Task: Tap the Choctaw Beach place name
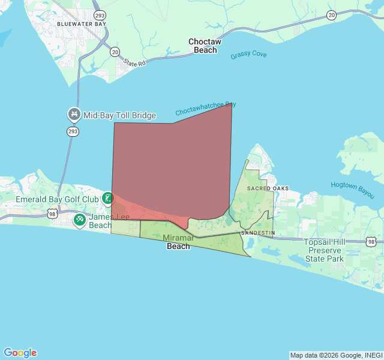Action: tap(205, 46)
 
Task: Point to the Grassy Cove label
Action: tap(248, 55)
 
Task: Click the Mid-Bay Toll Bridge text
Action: tap(119, 115)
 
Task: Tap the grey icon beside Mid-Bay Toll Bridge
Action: tap(74, 114)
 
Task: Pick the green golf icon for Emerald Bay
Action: tap(107, 198)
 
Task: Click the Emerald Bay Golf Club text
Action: tap(57, 199)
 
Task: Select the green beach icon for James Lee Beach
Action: tap(80, 220)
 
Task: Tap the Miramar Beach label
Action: tap(178, 242)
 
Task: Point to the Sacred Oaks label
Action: tap(268, 188)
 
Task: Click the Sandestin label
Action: tap(257, 232)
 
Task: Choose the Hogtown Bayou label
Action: tap(352, 190)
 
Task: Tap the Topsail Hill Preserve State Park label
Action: tap(323, 250)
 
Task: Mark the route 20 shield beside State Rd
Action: tap(115, 52)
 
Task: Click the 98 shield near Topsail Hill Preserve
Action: tap(371, 241)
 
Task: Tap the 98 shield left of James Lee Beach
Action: tap(52, 213)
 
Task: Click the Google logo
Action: tap(20, 353)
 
